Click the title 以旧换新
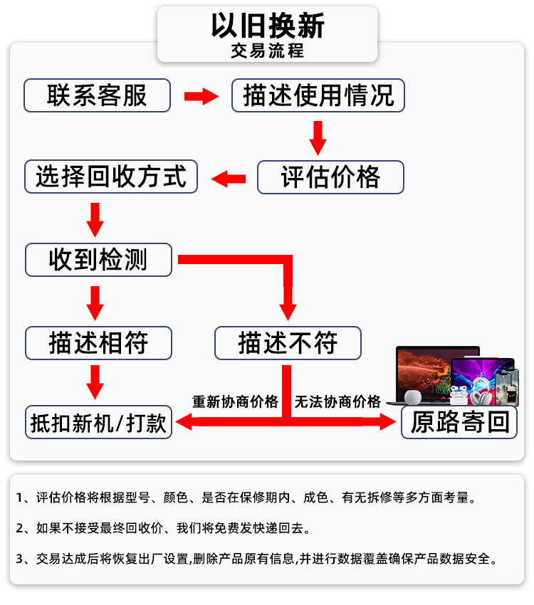coord(267,26)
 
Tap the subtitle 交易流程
coord(267,51)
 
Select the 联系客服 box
coord(98,95)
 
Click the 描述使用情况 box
coord(318,95)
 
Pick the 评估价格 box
coord(330,177)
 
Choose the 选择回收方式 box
coord(110,177)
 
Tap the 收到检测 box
coord(98,260)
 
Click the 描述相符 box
coord(98,342)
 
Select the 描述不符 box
coord(288,342)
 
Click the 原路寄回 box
coord(460,422)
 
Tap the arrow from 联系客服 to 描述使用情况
coord(201,96)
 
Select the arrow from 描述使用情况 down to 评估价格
coord(318,137)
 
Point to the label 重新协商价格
coord(235,401)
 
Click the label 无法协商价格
coord(337,401)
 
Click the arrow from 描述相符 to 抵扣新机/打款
coord(95,382)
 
